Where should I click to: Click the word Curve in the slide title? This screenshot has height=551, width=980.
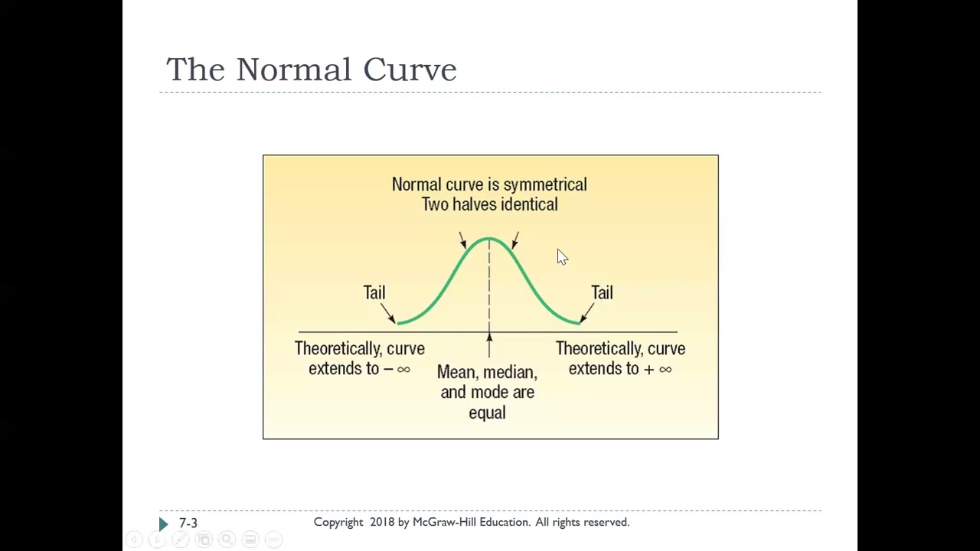point(410,70)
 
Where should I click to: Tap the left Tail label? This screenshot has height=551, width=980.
point(374,292)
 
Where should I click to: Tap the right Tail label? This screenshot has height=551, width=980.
point(602,292)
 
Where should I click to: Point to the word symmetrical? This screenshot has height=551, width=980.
point(544,184)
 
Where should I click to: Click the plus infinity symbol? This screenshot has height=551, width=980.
point(658,369)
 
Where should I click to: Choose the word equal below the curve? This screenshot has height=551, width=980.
point(487,412)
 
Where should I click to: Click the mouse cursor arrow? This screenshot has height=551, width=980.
point(561,256)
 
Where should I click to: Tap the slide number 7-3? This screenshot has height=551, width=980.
point(188,523)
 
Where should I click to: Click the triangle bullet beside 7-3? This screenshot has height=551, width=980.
point(163,523)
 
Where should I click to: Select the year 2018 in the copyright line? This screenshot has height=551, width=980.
point(382,522)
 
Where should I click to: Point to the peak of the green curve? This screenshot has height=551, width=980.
point(489,239)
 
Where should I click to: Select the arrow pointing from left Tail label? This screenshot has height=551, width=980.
point(387,315)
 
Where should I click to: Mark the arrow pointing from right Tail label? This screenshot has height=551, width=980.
point(586,313)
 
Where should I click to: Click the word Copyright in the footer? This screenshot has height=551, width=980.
point(338,522)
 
